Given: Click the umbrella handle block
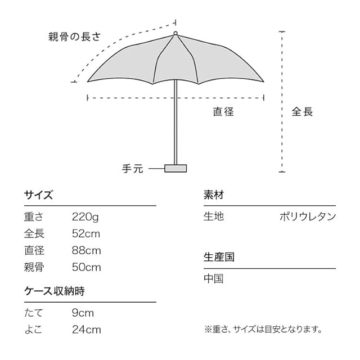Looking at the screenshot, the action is [175, 168].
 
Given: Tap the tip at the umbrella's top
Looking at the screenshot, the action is [175, 34].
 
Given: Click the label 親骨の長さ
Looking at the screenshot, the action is [74, 38].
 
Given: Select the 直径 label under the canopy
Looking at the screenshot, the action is [223, 111].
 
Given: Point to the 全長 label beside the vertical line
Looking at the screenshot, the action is [302, 111].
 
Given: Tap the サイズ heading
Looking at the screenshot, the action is [38, 195].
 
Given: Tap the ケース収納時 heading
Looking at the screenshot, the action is [54, 291].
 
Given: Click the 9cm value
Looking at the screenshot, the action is [83, 313].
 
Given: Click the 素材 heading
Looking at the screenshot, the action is [214, 195].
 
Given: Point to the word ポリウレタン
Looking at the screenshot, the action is [308, 217].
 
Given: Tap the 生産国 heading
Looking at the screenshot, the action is [219, 257].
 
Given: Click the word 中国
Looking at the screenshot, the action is [214, 278].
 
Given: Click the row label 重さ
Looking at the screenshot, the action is [34, 217].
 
